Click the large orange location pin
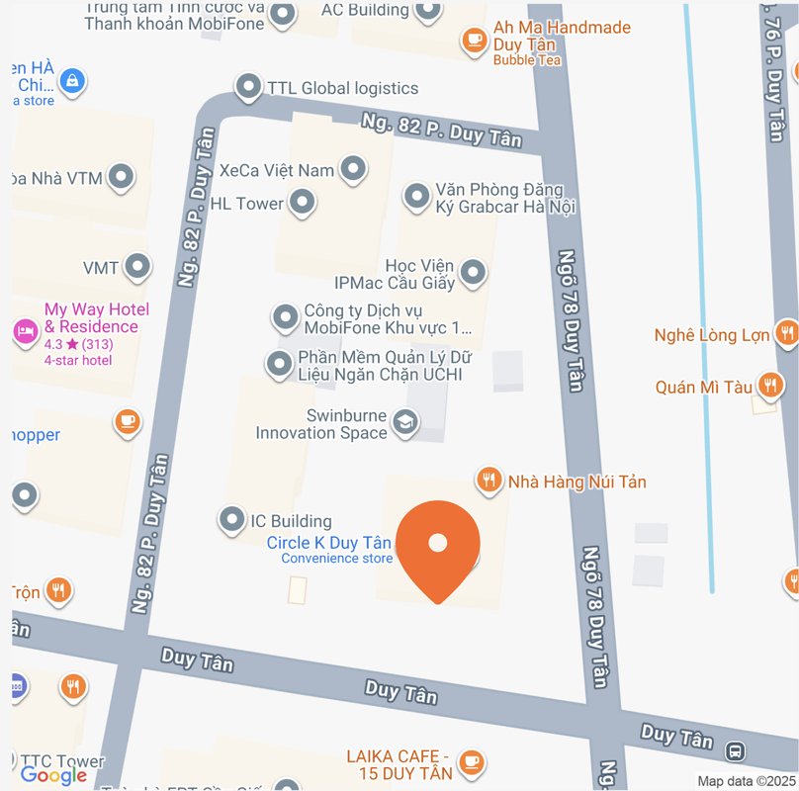tap(437, 547)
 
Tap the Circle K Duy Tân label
tap(329, 543)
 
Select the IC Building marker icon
tap(231, 519)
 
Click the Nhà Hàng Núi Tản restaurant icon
tap(488, 481)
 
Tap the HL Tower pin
tap(302, 204)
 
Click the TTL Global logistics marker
tap(248, 87)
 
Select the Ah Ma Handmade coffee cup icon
tap(475, 40)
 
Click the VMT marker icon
tap(137, 267)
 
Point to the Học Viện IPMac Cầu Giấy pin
tap(474, 273)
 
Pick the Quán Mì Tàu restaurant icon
tap(770, 386)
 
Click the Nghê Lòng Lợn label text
tap(712, 335)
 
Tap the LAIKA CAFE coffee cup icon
tap(472, 761)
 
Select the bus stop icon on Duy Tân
tap(736, 751)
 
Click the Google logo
tap(53, 775)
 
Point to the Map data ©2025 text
tap(745, 781)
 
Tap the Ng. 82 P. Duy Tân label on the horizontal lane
tap(441, 131)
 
